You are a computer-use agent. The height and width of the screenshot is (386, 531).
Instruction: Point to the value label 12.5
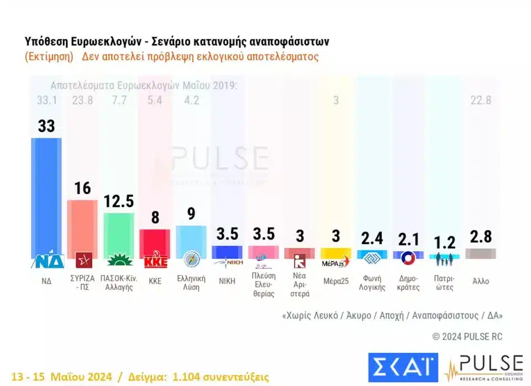coord(118,202)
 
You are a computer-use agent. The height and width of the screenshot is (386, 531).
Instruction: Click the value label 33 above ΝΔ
coord(46,126)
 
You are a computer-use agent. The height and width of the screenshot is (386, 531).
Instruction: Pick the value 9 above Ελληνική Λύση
coord(191,213)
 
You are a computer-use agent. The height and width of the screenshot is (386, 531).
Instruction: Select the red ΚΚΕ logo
coord(155,261)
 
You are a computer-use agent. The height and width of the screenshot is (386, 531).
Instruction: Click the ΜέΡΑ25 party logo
coord(335,261)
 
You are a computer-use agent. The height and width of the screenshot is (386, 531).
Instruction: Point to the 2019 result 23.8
coord(82,101)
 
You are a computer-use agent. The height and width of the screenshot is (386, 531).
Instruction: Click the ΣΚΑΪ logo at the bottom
coord(403,367)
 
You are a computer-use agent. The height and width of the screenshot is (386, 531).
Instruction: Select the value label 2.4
coord(371,239)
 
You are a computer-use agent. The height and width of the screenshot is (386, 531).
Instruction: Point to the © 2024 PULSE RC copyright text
coord(467,337)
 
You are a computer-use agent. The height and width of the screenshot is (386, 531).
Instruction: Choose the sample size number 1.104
coord(192,377)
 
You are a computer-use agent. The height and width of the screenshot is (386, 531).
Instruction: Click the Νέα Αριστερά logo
coord(299,261)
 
